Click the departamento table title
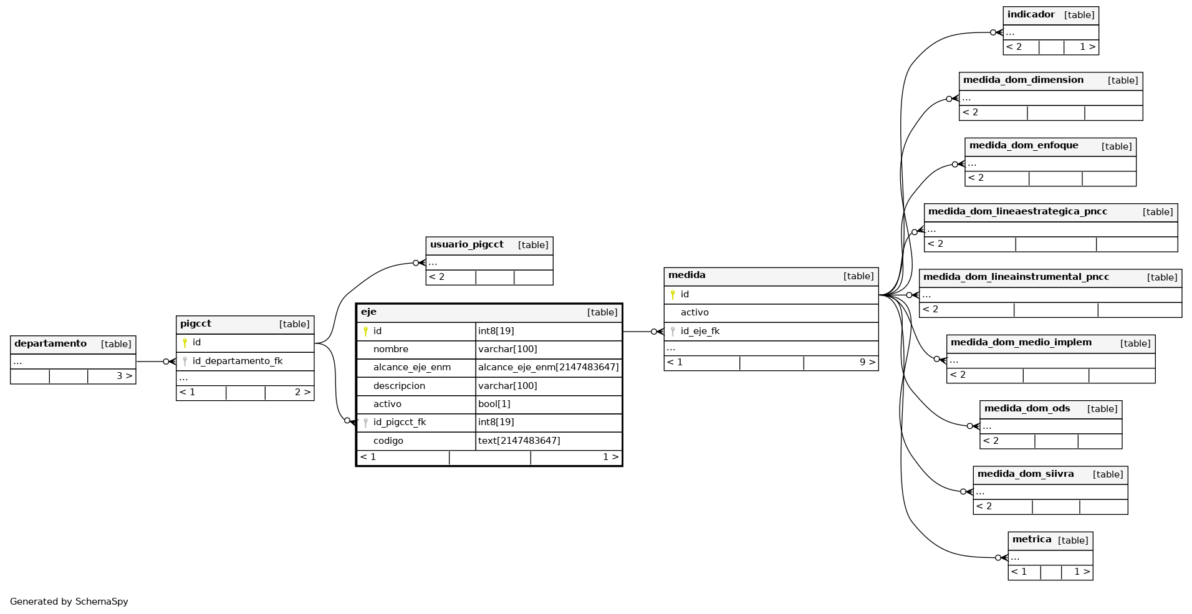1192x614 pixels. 50,343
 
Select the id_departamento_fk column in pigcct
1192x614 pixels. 238,361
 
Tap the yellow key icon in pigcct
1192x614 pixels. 185,342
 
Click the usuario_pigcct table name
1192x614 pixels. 467,244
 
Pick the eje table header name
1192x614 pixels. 368,312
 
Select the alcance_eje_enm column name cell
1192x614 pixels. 412,367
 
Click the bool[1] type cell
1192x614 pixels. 494,404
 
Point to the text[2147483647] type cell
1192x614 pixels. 519,441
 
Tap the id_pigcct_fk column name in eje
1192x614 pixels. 400,422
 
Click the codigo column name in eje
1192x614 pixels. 388,441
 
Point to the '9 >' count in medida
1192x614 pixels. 867,362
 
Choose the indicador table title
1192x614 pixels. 1031,14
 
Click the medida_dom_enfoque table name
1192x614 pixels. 1024,145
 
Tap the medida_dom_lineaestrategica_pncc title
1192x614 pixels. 1017,211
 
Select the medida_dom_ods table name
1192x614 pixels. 1027,408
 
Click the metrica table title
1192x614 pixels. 1032,539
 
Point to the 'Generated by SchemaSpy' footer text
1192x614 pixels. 69,602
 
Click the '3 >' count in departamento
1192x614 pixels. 125,376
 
